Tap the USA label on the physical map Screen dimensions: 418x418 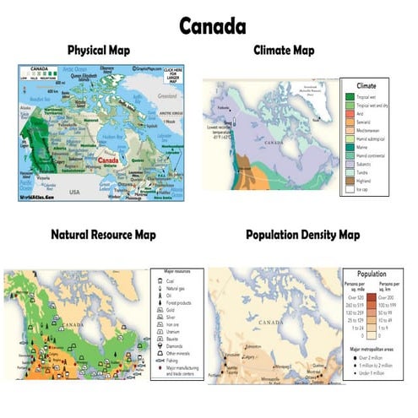74,191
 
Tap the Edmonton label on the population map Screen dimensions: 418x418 250,346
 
